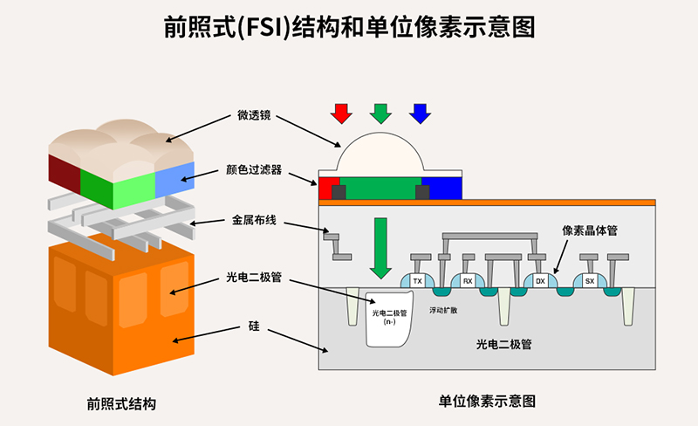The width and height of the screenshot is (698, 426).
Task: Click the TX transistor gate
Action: coord(417,281)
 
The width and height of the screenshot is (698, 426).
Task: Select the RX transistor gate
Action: coord(468,281)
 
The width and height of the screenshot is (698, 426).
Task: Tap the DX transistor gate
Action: coord(540,281)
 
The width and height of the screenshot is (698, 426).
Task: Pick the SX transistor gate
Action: coord(590,281)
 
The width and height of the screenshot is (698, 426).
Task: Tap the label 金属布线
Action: coord(254,220)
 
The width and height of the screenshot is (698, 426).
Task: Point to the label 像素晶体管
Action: coord(590,230)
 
